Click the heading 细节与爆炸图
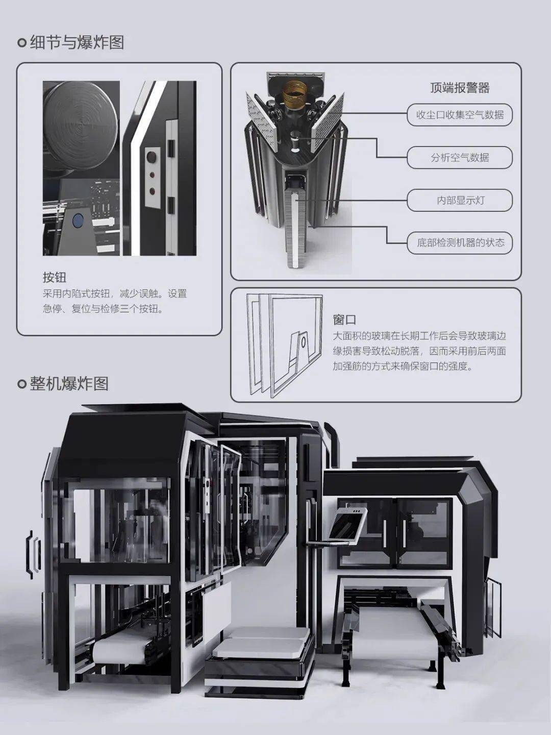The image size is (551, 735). tap(77, 43)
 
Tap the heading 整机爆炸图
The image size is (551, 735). tap(69, 383)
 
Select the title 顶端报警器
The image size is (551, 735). tap(460, 88)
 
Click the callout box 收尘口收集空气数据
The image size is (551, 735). tap(460, 115)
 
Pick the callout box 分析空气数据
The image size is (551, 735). tap(460, 157)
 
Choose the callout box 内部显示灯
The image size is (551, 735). tap(460, 200)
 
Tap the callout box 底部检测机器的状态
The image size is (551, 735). tap(460, 243)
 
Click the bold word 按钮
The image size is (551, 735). tap(55, 277)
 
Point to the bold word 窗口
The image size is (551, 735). tap(344, 320)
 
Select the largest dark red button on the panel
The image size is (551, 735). tap(152, 156)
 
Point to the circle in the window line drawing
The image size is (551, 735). tap(304, 342)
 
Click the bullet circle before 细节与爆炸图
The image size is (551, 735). tap(22, 43)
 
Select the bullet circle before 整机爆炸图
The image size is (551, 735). tap(22, 384)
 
